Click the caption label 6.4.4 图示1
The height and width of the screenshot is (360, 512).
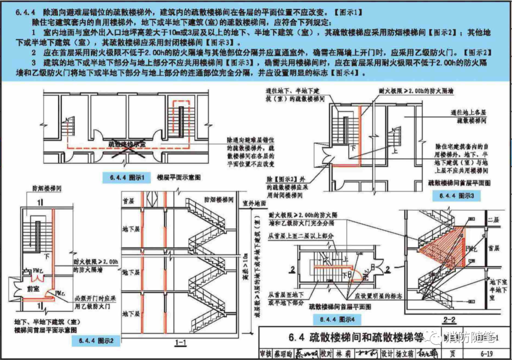[127, 178]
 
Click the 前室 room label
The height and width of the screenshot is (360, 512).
[33, 288]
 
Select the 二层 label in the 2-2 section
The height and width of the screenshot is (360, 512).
[494, 220]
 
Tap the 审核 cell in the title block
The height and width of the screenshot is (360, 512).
[265, 353]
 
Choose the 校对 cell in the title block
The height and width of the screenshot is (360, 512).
[326, 353]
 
